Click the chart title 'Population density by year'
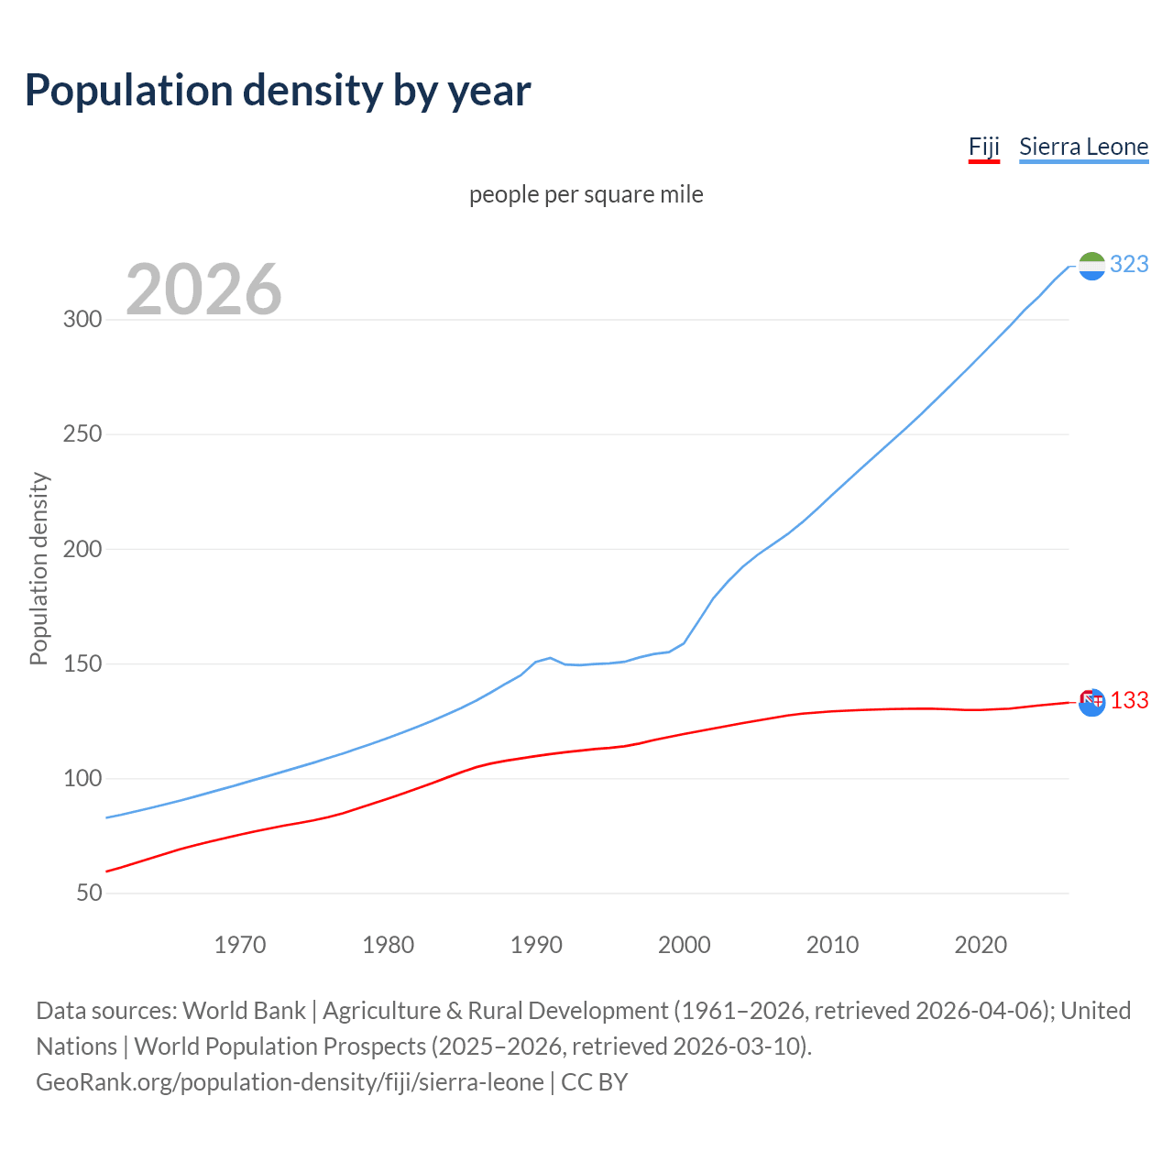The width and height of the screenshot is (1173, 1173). (278, 91)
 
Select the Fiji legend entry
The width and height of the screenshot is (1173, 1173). (983, 147)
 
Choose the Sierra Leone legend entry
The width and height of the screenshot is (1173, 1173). (1083, 147)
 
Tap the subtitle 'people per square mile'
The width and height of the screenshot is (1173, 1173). (586, 194)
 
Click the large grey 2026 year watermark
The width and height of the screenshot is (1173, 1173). (203, 290)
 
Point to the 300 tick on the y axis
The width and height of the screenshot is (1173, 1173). (82, 320)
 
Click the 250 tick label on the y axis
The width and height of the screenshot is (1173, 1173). (82, 434)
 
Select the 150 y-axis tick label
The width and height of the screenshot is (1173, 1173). (82, 663)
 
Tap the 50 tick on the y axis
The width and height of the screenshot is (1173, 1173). (89, 893)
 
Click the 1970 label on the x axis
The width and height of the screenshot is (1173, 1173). (240, 945)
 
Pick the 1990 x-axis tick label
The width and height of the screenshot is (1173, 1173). (536, 945)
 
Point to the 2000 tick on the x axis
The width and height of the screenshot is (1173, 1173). (685, 945)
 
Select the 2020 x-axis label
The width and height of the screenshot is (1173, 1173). (981, 945)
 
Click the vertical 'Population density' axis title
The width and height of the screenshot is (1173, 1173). (38, 568)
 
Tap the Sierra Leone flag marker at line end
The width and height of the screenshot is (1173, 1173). (1091, 266)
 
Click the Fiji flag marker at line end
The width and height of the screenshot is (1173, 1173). (1091, 703)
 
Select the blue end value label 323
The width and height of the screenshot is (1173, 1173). (1129, 264)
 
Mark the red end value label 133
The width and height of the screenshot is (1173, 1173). (1129, 701)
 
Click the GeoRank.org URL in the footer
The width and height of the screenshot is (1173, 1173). (290, 1082)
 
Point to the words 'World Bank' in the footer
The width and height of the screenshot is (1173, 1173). (244, 1011)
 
